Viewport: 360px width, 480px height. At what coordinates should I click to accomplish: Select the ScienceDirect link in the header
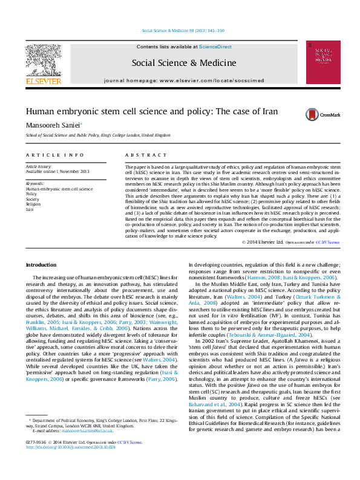[x=215, y=46]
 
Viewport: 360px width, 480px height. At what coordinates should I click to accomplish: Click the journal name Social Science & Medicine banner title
[x=175, y=62]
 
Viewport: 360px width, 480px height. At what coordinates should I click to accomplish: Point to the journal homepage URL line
[x=175, y=80]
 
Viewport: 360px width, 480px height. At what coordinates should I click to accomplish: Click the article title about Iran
[x=143, y=112]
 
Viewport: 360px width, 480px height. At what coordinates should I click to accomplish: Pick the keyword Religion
[x=34, y=204]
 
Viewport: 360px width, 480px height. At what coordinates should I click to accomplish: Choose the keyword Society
[x=33, y=199]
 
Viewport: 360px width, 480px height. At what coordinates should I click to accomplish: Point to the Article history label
[x=39, y=166]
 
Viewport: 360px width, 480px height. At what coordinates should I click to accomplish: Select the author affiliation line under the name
[x=97, y=135]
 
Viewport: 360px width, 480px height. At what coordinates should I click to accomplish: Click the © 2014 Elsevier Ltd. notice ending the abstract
[x=262, y=242]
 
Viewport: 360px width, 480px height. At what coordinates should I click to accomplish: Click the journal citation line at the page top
[x=183, y=30]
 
